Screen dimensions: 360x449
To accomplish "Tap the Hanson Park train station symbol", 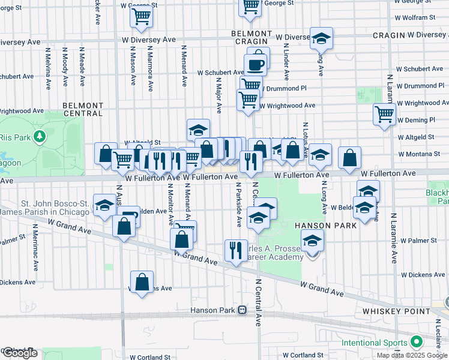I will pos(243,310).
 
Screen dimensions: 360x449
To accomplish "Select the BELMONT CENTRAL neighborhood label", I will pos(83,109).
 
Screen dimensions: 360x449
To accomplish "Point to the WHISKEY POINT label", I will pos(396,311).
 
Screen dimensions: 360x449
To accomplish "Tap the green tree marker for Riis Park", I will pos(40,137).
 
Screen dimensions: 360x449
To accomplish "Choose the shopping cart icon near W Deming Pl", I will pos(384,113).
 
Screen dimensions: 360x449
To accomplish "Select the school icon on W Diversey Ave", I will pos(321,39).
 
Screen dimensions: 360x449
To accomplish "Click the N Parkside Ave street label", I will pos(238,205).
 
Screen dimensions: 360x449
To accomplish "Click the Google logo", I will pos(19,353).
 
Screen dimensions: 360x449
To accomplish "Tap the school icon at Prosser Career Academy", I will pos(312,242).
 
